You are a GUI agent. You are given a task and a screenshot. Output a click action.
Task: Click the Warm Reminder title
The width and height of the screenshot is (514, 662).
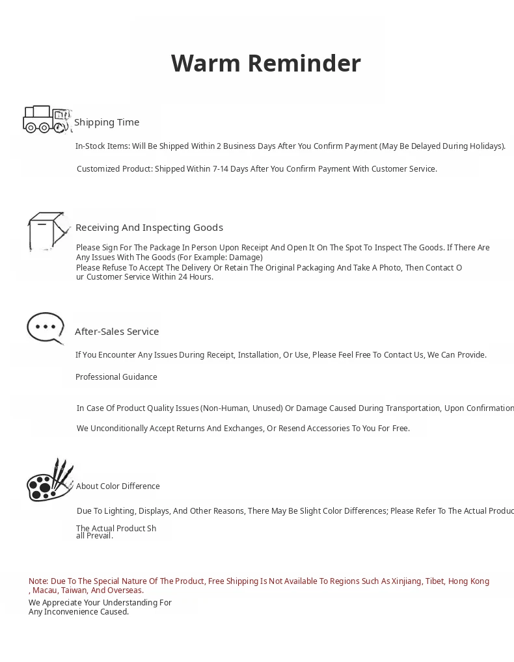tap(265, 64)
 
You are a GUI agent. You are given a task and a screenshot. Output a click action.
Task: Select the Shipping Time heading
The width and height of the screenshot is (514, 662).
tap(107, 122)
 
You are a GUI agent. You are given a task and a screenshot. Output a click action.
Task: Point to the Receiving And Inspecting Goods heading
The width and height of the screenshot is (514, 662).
tap(149, 228)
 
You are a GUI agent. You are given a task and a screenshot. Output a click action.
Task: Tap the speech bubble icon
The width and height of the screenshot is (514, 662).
tap(46, 328)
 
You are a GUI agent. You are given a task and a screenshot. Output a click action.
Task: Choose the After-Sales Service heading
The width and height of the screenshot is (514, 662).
tap(117, 332)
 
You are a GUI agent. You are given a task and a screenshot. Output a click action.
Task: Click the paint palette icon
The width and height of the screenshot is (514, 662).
tap(49, 481)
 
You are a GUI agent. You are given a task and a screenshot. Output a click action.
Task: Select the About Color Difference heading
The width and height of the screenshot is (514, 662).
tap(118, 486)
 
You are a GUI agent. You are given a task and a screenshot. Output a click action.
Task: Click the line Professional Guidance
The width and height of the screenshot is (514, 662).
tap(116, 377)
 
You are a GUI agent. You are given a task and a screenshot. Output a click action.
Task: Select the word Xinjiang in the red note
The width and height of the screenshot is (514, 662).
tap(406, 581)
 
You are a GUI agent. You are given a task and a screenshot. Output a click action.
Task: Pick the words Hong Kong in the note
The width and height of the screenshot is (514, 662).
tap(468, 581)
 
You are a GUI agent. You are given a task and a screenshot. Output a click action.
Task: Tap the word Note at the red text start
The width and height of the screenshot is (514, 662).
tap(38, 581)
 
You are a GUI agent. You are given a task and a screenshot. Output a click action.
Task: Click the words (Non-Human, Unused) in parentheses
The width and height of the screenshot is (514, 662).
tap(241, 408)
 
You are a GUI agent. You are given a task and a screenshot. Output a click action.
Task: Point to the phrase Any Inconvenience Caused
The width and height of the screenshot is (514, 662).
tap(79, 612)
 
